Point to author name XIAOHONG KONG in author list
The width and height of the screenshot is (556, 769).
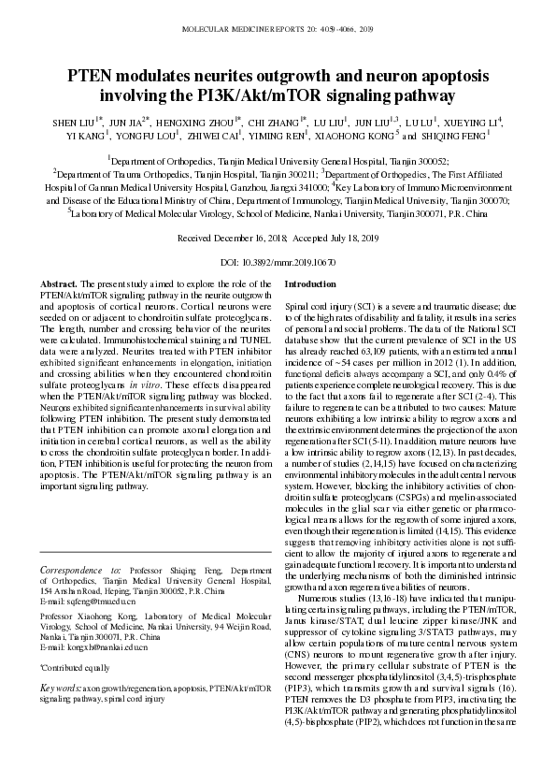click(359, 136)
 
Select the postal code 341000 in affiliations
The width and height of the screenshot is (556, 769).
click(298, 186)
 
